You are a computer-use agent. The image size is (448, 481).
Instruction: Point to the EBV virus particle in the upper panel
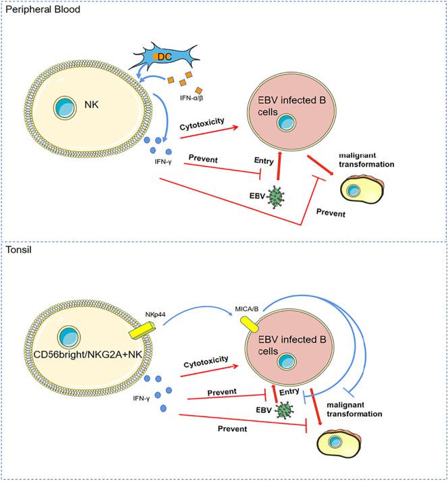[276, 196]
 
